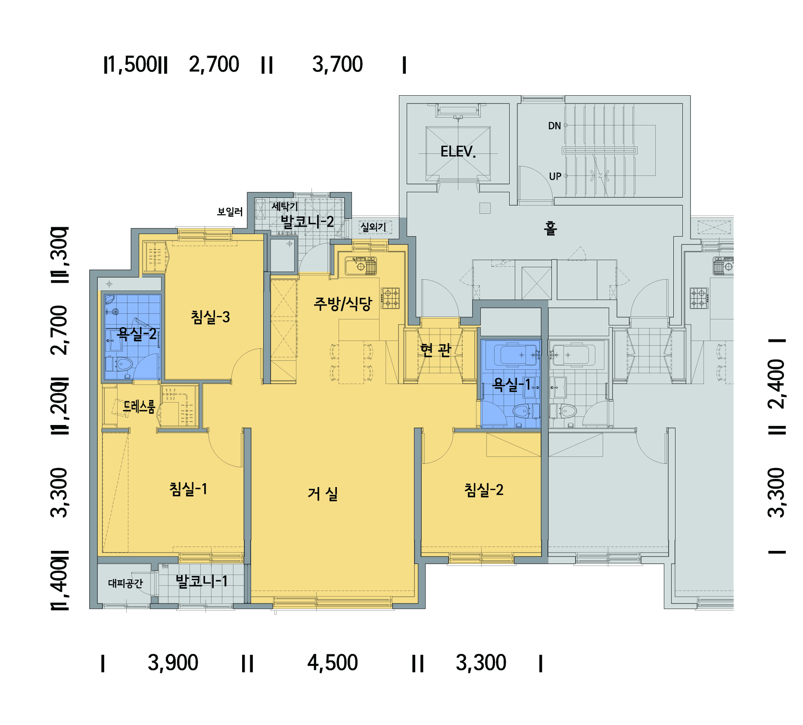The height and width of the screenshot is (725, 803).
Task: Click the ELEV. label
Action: (458, 152)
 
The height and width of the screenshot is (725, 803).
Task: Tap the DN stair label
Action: (554, 126)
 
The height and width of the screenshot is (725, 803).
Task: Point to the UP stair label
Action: (555, 176)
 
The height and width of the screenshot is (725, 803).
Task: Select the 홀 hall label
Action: (551, 228)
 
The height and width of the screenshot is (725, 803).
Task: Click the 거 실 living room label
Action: (323, 494)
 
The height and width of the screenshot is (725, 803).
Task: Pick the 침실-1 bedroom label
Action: (188, 489)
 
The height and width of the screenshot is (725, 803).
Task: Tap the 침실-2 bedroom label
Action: (484, 490)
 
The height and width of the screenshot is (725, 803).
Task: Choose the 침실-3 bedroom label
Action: (210, 317)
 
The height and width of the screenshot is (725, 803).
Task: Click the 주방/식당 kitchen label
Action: (343, 304)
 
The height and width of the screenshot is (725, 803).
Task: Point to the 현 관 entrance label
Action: (436, 350)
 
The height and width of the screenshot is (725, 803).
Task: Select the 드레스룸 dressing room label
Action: (139, 406)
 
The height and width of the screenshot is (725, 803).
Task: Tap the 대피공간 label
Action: (125, 583)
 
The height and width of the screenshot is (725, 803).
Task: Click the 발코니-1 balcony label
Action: (202, 581)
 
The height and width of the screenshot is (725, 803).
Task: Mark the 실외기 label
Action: (373, 227)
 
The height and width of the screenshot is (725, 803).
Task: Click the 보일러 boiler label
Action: (230, 212)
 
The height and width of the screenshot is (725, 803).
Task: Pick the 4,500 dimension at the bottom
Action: (333, 662)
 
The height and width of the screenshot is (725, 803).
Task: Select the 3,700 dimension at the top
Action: (338, 64)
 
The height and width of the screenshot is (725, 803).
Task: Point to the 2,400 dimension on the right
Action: (776, 384)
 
